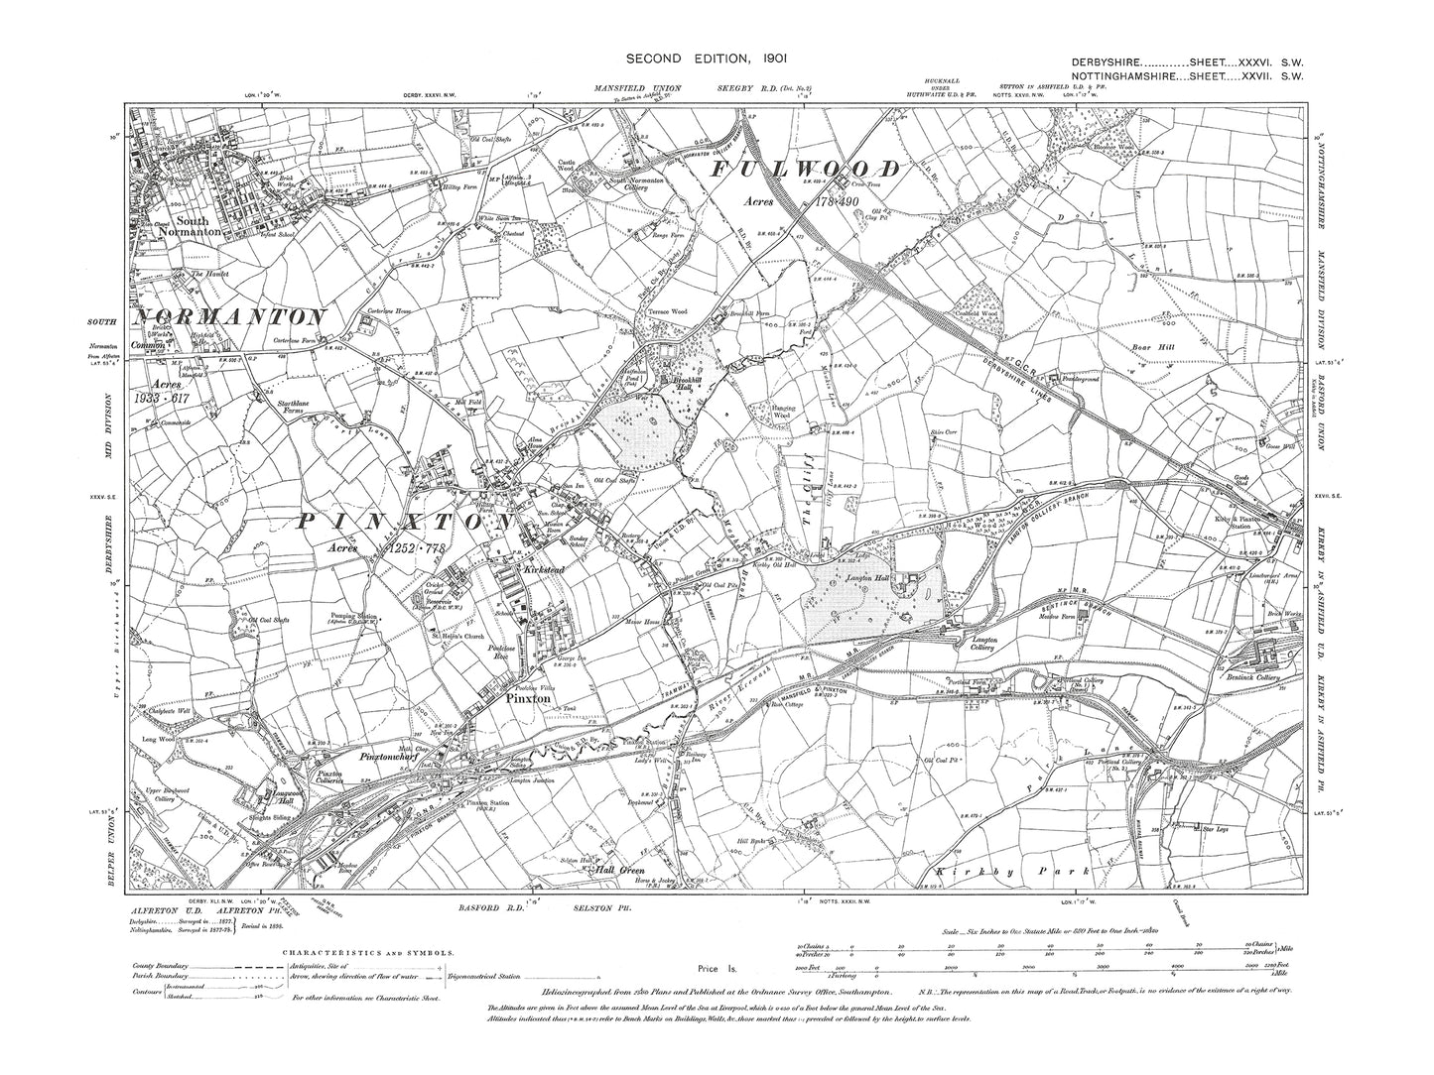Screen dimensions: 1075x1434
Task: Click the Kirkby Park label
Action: [1009, 871]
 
